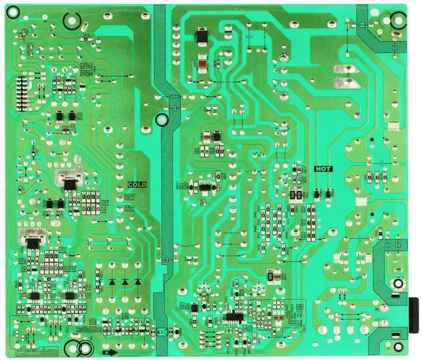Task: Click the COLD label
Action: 137,185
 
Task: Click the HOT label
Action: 323,169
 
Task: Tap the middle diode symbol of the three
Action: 125,282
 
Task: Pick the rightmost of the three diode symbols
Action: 138,282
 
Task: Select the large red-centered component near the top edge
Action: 202,64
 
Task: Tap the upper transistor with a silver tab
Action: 69,178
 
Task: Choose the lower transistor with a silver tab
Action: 31,239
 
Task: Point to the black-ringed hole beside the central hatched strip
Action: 162,121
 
